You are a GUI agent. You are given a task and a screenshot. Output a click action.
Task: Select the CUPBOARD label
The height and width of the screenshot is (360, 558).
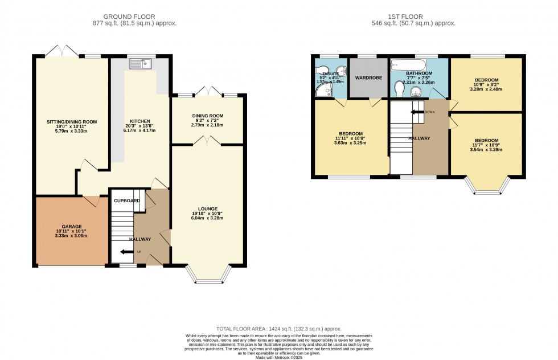click(x=126, y=201)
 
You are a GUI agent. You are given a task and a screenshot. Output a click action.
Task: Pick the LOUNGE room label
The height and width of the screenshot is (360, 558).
click(x=208, y=208)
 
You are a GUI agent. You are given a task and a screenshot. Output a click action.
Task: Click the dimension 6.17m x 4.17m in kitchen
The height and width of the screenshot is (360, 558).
click(x=140, y=130)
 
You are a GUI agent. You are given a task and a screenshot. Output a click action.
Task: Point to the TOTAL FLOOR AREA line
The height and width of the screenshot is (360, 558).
click(x=278, y=329)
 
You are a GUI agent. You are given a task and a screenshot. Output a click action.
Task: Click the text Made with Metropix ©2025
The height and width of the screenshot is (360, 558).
click(x=278, y=357)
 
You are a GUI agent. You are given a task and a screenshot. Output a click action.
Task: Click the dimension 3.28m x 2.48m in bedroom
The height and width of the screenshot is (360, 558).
click(x=487, y=89)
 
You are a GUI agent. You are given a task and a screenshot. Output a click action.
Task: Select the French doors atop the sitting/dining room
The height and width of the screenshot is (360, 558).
click(x=60, y=52)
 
